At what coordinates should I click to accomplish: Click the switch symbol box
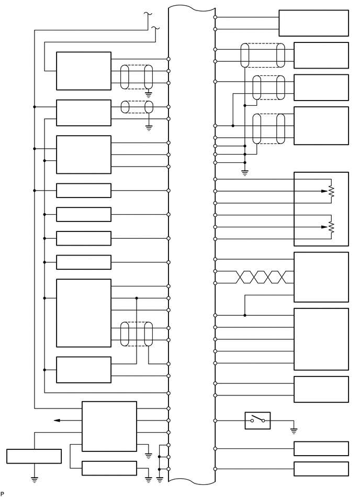pos(257,421)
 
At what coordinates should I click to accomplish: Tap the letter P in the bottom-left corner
pos(3,493)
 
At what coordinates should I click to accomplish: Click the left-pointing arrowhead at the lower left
pos(57,420)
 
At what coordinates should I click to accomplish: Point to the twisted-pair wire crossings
pos(256,277)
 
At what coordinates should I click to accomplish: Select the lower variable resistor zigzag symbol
pos(331,227)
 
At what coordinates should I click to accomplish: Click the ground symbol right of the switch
pos(294,431)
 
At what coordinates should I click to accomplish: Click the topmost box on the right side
pos(313,23)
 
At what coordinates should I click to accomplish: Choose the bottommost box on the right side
pos(321,469)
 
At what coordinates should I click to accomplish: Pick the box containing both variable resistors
pos(321,208)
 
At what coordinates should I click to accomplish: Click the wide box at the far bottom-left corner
pos(33,456)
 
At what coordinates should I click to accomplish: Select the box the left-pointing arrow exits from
pos(109,426)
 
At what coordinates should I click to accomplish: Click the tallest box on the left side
pos(84,313)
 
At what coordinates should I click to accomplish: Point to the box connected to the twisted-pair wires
pos(321,277)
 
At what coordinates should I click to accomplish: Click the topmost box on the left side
pos(84,71)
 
